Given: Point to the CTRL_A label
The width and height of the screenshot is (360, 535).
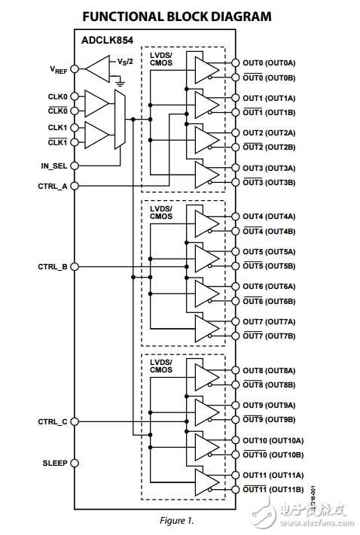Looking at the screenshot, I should click(53, 185).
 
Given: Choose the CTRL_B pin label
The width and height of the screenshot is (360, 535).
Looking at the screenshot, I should click(53, 267).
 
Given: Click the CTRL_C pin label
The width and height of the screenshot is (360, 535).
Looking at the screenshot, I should click(53, 422).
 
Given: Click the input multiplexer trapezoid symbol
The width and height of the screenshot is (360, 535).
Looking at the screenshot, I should click(119, 119).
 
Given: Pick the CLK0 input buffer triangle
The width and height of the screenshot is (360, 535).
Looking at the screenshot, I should click(96, 102).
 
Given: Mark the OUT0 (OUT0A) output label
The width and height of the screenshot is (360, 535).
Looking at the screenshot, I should click(269, 63).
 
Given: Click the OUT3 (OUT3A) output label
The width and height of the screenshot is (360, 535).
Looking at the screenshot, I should click(269, 168).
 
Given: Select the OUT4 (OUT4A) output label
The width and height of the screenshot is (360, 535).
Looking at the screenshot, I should click(269, 217).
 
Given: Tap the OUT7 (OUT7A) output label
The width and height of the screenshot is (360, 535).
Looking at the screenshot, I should click(269, 321).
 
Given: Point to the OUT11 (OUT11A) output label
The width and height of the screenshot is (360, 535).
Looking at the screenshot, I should click(272, 475).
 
